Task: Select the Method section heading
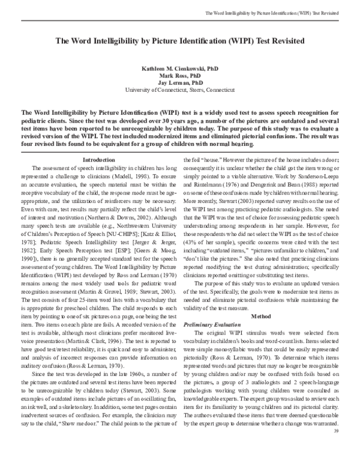[261, 315]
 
